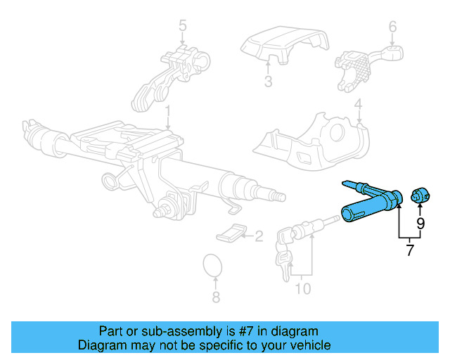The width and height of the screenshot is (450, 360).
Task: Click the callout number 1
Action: click(168, 112)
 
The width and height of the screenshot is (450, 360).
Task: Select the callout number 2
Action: click(258, 236)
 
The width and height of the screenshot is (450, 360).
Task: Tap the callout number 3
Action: click(268, 82)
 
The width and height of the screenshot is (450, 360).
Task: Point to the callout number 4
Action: click(358, 107)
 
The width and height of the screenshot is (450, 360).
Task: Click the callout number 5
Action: click(182, 27)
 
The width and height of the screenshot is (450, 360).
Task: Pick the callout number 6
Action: click(392, 27)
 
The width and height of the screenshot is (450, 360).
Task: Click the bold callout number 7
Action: click(410, 250)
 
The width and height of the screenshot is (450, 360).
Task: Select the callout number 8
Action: click(216, 297)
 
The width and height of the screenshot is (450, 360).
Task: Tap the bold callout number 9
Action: click(420, 224)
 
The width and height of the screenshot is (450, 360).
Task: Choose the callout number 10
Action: click(302, 288)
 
